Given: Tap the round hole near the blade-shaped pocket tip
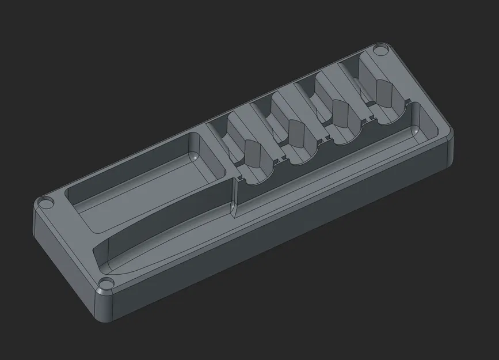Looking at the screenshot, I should click(106, 283).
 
